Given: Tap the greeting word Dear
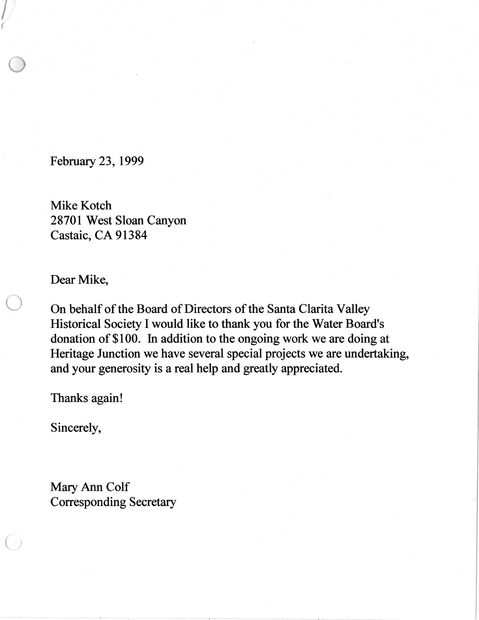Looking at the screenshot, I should click(x=63, y=280).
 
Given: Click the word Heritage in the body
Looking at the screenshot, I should click(x=71, y=354).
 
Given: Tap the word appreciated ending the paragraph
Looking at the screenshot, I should click(x=312, y=369).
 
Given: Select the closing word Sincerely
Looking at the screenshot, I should click(x=75, y=428).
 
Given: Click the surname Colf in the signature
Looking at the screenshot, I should click(x=117, y=487).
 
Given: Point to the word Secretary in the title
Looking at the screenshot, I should click(x=152, y=502).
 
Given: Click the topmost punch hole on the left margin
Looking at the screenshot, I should click(x=17, y=64).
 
